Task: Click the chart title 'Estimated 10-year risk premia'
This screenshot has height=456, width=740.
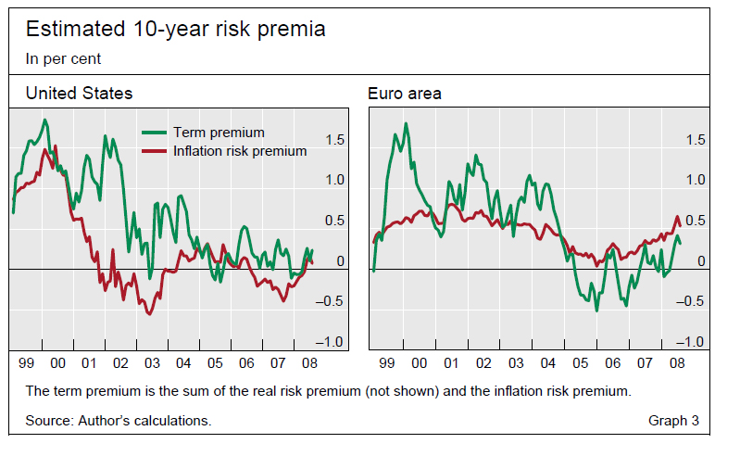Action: point(175,30)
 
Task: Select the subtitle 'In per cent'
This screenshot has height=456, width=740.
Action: point(63,58)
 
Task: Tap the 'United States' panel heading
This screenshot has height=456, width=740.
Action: point(79,94)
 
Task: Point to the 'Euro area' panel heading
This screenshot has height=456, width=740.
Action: point(405,94)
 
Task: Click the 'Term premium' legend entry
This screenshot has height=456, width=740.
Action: point(219,133)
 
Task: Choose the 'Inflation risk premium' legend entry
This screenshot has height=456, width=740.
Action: point(239,151)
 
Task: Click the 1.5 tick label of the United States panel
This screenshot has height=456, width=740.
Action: point(334,140)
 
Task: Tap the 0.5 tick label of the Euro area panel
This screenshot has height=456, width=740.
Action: point(695,221)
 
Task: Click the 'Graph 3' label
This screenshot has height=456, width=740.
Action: point(674,421)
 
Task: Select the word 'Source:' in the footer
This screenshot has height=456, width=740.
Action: point(49,421)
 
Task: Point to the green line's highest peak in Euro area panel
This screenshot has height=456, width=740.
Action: point(406,123)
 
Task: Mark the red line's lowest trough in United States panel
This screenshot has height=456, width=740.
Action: point(149,314)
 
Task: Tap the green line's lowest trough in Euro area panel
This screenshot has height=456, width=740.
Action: point(596,310)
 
